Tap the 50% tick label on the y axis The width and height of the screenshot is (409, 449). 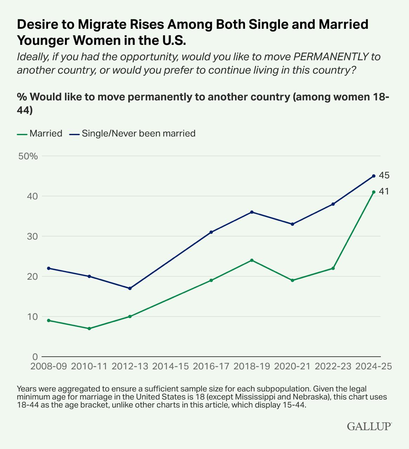[28, 156]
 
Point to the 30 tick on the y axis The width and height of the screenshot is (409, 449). [33, 236]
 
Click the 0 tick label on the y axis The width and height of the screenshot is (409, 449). [35, 357]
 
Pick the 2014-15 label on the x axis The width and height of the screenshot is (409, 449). [170, 366]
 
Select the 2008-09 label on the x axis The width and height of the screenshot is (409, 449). [48, 366]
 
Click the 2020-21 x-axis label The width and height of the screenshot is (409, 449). [292, 366]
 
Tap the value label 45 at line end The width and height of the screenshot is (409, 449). [384, 175]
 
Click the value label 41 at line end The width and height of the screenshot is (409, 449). [384, 192]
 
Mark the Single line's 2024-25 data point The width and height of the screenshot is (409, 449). [374, 176]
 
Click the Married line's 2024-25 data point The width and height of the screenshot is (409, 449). [374, 192]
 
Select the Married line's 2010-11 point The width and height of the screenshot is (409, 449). [89, 329]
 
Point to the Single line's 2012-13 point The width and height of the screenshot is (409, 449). [130, 288]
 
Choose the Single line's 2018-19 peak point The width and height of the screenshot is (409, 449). [252, 212]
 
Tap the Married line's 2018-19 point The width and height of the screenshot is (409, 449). [252, 260]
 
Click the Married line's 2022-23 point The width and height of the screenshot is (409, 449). [333, 268]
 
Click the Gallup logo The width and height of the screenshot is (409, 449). [369, 426]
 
